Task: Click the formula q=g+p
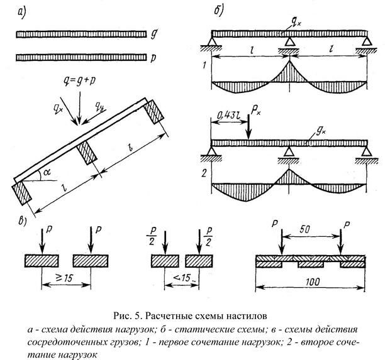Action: coord(79,81)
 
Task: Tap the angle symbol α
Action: coord(47,172)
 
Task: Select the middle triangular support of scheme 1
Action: coord(289,41)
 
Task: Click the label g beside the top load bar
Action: coord(153,34)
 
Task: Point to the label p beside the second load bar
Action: coord(153,58)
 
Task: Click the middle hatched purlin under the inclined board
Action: coord(87,153)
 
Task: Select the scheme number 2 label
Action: coord(204,173)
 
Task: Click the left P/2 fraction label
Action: coord(152,236)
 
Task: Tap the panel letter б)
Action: coord(218,11)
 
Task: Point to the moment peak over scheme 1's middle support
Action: coord(290,61)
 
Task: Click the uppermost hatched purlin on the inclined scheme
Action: coord(153,112)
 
